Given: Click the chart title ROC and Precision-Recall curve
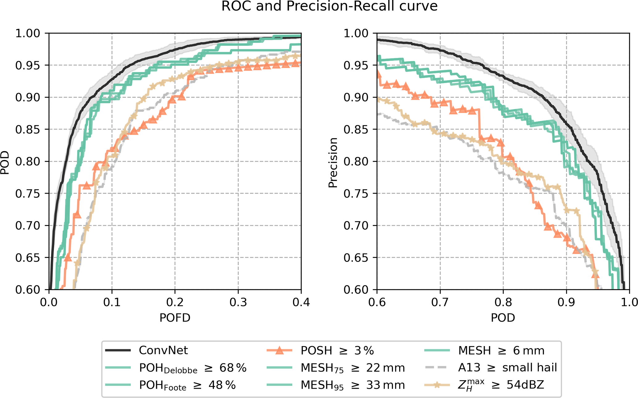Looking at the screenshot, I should point(329,6).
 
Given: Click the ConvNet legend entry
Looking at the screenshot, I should point(163,350).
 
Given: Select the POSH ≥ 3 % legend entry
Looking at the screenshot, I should point(337,350).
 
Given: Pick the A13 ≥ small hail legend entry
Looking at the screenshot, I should point(507,367).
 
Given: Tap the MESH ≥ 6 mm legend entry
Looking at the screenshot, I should point(501,350).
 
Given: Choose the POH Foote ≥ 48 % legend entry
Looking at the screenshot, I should point(187,385).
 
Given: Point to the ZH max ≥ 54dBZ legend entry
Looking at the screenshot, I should point(501,385).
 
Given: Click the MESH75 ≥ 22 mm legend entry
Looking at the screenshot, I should point(352,368).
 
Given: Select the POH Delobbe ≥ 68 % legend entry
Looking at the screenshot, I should point(193,368).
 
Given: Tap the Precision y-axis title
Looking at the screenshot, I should point(333,163).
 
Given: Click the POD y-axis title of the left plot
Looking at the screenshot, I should point(5,163).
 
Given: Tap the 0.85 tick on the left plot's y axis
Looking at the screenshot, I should point(27,129).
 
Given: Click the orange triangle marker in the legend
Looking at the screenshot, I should point(279,350).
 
